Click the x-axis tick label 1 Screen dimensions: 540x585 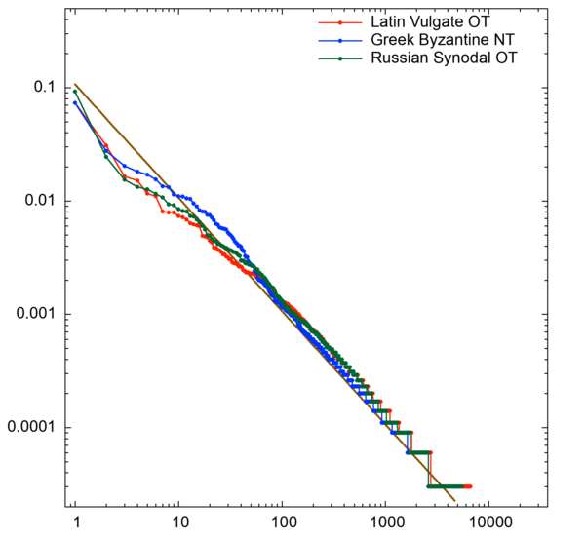75,522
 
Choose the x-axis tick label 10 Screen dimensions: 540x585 178,522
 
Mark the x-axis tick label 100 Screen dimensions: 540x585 282,522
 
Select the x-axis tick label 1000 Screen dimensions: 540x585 385,522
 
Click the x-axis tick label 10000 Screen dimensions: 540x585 488,522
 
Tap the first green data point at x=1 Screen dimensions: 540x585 75,92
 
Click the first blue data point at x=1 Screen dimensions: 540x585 75,102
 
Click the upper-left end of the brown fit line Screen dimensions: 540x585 75,85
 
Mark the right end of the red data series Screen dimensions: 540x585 471,485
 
